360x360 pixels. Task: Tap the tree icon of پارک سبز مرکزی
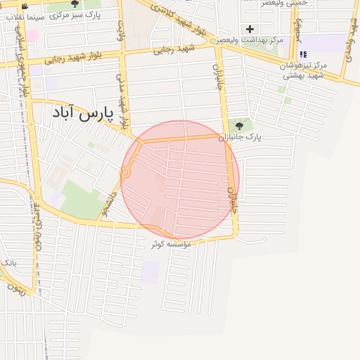[75, 4]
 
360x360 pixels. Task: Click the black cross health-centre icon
[250, 29]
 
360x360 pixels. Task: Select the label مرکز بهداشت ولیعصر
[251, 40]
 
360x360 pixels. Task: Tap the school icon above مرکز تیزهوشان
[302, 54]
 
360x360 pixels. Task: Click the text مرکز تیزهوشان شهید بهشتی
[302, 70]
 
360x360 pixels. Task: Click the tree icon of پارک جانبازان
[239, 127]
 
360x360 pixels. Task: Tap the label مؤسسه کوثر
[167, 244]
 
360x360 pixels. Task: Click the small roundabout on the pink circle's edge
[126, 172]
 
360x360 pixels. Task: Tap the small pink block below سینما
[31, 33]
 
